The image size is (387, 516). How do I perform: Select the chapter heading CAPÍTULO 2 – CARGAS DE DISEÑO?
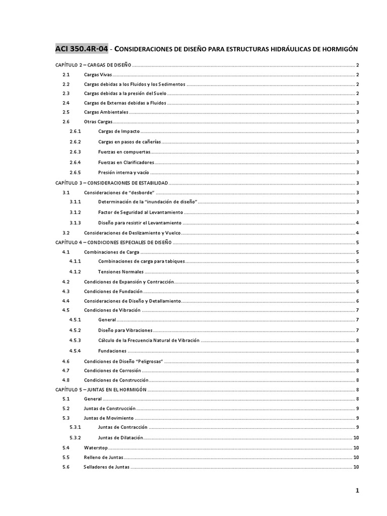pyautogui.click(x=93, y=65)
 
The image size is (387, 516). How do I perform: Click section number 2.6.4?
pyautogui.click(x=76, y=162)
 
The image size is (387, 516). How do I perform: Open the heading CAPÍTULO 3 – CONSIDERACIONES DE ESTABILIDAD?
pyautogui.click(x=112, y=183)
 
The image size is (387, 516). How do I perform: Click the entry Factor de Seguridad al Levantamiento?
pyautogui.click(x=141, y=212)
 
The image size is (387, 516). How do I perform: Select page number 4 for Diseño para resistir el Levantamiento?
pyautogui.click(x=357, y=223)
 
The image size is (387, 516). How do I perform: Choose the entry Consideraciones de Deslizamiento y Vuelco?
pyautogui.click(x=132, y=233)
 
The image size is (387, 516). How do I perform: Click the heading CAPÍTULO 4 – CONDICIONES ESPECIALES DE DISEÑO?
pyautogui.click(x=113, y=242)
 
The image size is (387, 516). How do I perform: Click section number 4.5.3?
pyautogui.click(x=76, y=341)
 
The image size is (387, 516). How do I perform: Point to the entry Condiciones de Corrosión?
pyautogui.click(x=112, y=370)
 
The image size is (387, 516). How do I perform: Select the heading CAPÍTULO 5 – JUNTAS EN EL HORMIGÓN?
pyautogui.click(x=100, y=390)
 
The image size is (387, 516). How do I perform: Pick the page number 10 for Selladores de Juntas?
pyautogui.click(x=356, y=467)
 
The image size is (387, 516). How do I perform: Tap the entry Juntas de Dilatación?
pyautogui.click(x=121, y=437)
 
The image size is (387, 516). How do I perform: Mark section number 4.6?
pyautogui.click(x=66, y=361)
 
